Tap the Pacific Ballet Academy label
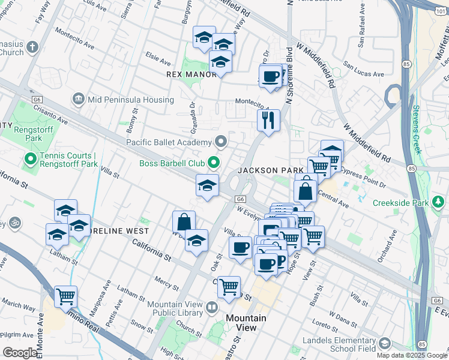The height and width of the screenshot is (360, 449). [x=169, y=142]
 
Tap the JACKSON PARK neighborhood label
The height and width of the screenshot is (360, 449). [x=270, y=170]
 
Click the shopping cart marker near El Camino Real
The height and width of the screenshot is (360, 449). [x=65, y=296]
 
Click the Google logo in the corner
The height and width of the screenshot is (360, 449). [x=20, y=353]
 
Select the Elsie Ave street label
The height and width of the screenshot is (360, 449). [x=158, y=60]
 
